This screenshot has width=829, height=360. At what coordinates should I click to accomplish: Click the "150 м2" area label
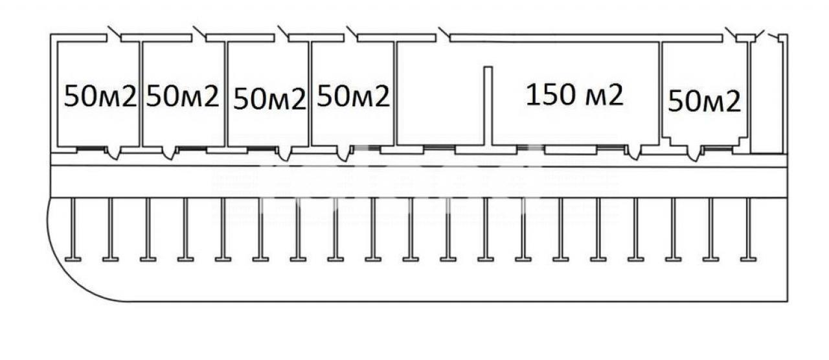point(574,95)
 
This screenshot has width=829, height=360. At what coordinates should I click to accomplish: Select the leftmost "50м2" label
point(100,97)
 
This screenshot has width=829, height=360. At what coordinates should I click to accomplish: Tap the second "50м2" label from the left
point(183,96)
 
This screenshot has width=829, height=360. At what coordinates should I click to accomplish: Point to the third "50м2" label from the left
point(269,98)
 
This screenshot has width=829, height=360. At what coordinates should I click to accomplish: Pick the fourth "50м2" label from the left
point(354,96)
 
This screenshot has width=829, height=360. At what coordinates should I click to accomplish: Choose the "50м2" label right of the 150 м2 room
point(704,101)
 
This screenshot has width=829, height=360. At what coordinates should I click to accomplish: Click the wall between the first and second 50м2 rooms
point(141,94)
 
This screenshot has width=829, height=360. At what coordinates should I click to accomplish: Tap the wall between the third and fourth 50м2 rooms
point(310,94)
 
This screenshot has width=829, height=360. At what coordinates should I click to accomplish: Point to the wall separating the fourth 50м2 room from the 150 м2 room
point(395,94)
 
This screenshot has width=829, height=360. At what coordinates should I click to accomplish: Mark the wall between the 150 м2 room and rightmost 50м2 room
point(660,91)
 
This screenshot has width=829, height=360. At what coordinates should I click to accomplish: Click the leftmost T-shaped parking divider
point(73,230)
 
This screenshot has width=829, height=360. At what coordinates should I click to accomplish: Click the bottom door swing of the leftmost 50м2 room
point(113,153)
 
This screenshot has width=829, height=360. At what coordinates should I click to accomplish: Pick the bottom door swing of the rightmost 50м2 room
point(694,154)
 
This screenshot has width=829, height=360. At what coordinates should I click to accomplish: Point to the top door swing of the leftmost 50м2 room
point(113,32)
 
